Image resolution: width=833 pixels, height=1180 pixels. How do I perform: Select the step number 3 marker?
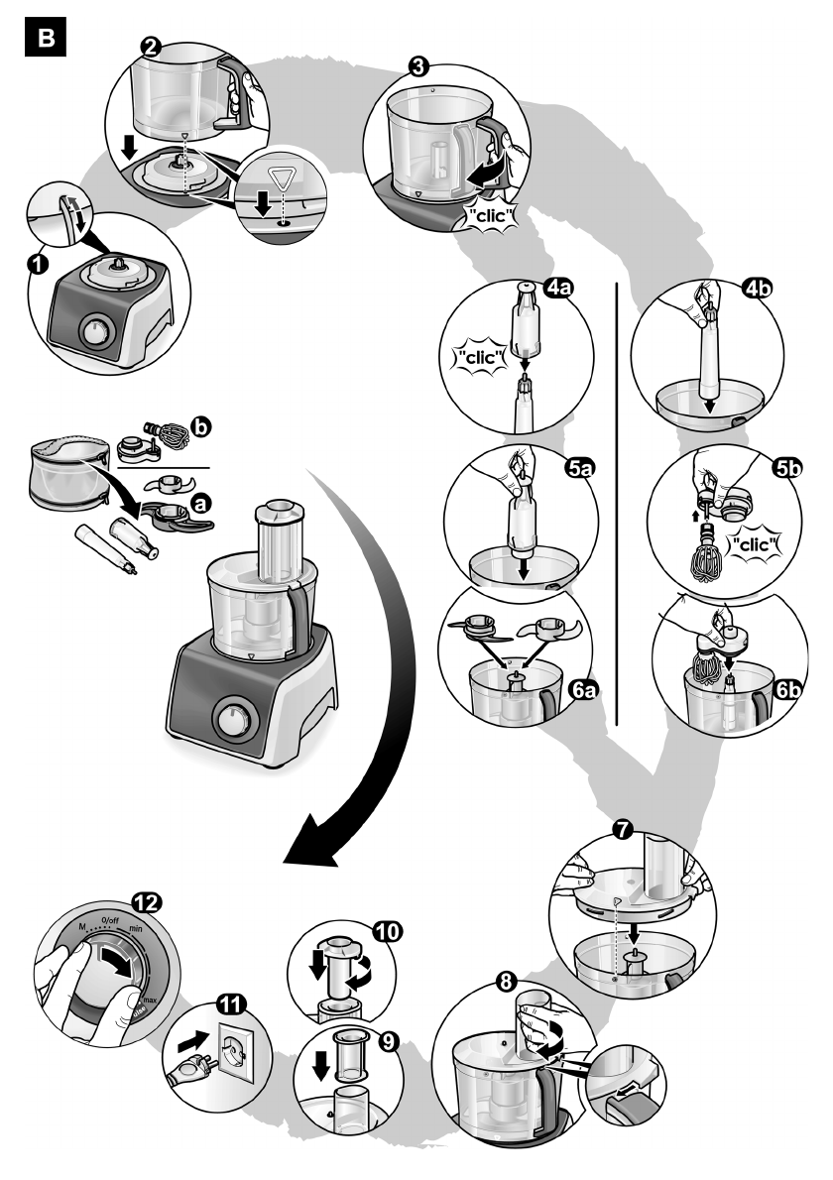click(418, 67)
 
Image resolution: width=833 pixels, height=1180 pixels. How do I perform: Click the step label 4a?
click(568, 292)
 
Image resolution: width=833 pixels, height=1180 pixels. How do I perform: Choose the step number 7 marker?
click(622, 830)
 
